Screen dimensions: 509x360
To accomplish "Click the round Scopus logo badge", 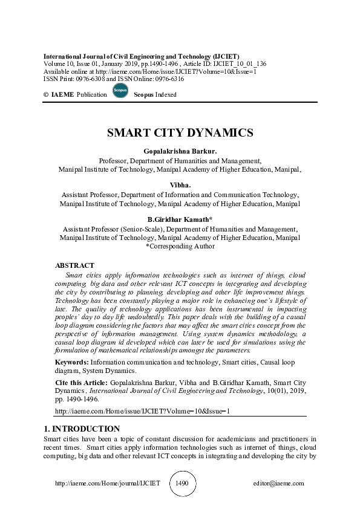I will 120,92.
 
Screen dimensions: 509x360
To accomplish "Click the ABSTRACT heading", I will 74,265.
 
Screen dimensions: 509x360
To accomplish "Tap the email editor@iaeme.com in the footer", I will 279,484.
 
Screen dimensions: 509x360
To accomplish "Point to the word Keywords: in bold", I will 72,362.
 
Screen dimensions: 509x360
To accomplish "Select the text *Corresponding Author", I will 180,246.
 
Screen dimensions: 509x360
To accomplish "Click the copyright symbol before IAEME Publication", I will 46,95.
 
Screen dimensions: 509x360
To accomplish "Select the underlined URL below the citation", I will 142,411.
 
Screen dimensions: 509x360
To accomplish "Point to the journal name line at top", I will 142,56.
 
